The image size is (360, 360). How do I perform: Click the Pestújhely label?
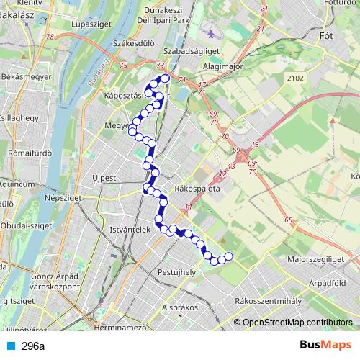176,273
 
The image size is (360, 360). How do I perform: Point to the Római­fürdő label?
25,153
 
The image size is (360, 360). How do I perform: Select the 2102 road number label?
294,78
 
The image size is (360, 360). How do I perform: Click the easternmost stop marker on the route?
229,256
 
